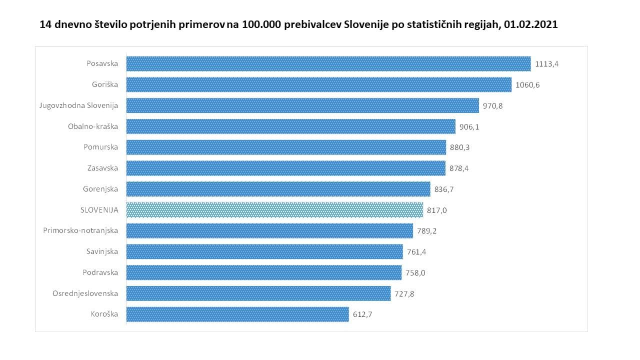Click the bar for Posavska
coord(328,63)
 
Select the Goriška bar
coord(318,84)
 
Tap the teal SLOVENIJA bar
coord(274,210)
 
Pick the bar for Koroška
coord(237,314)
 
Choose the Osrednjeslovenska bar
coord(258,293)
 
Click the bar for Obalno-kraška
coord(290,126)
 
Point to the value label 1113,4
coord(546,64)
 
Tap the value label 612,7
coord(363,314)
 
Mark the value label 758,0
coord(415,273)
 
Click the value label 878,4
coord(459,168)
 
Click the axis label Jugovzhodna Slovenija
coord(78,105)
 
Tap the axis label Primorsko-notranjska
coord(80,230)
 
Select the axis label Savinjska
coord(102,251)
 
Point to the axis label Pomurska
coord(101,147)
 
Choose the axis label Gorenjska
coord(100,189)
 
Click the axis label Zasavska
coord(102,168)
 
